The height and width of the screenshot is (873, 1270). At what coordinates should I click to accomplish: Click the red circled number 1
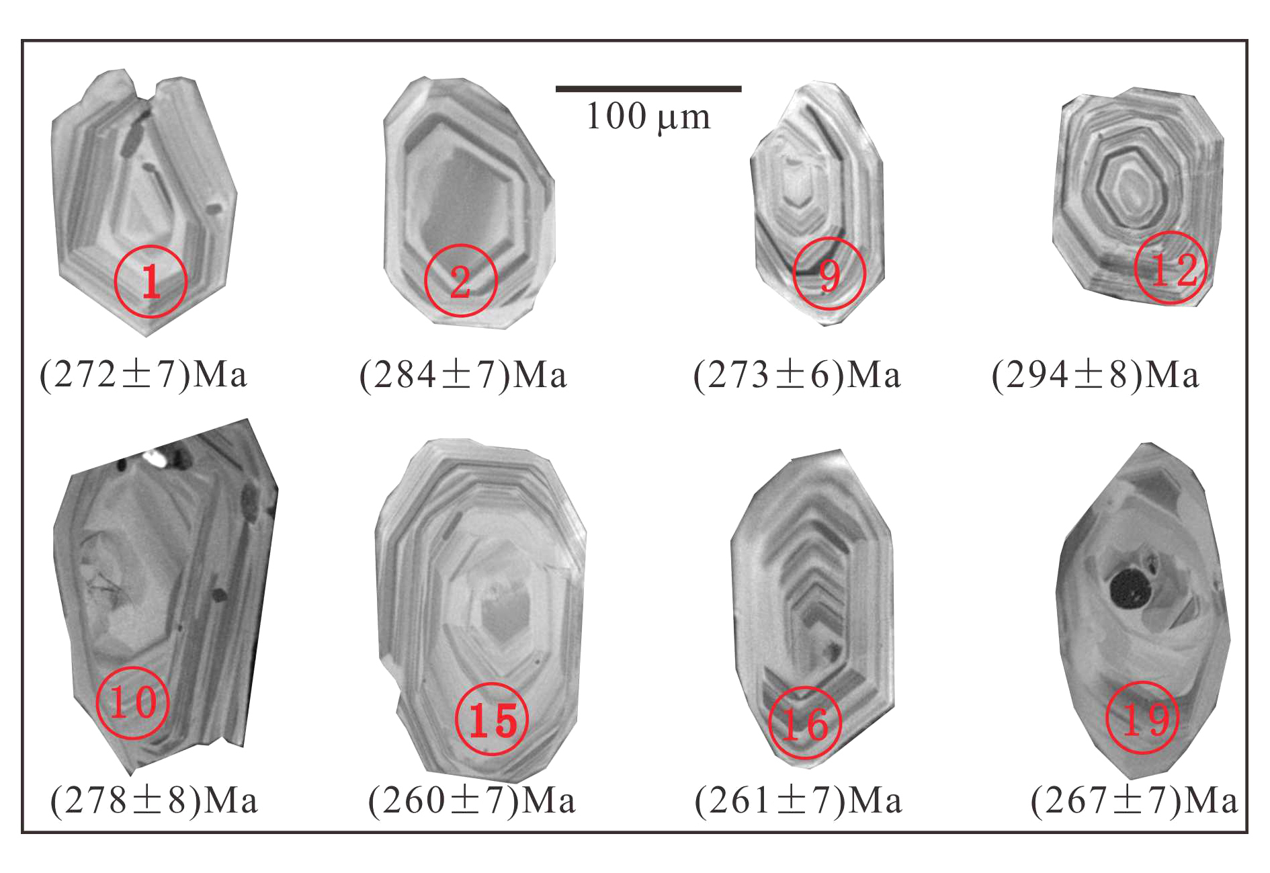151,282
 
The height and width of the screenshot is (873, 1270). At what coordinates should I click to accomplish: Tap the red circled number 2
460,280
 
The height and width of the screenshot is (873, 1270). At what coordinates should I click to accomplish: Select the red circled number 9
829,274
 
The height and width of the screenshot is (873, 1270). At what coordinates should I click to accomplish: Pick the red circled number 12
1171,267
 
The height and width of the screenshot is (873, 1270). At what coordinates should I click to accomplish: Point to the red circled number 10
132,702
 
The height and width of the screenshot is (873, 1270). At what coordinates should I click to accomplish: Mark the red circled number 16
805,722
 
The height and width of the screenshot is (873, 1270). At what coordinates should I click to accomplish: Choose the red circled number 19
1143,717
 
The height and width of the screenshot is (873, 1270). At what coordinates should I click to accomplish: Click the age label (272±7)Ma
144,375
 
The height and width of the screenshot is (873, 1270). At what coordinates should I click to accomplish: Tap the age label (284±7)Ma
464,375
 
